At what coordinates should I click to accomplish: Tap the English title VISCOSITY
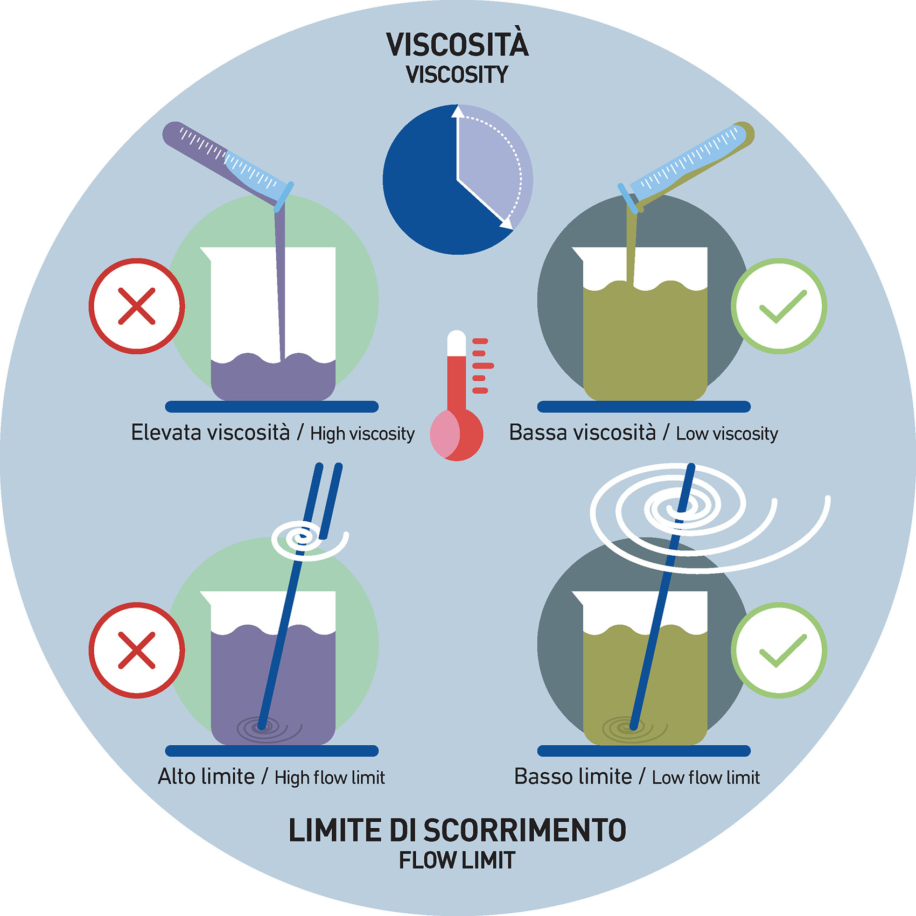pyautogui.click(x=457, y=75)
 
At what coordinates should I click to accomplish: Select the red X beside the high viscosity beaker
pyautogui.click(x=137, y=306)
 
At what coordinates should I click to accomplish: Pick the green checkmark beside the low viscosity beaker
pyautogui.click(x=779, y=306)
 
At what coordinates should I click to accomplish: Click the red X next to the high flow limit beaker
pyautogui.click(x=137, y=650)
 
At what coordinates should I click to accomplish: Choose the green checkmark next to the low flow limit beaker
pyautogui.click(x=779, y=650)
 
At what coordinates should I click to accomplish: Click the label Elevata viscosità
pyautogui.click(x=211, y=432)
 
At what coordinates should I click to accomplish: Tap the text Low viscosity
pyautogui.click(x=727, y=433)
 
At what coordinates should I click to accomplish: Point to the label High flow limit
pyautogui.click(x=330, y=778)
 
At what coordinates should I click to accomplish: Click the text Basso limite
pyautogui.click(x=573, y=777)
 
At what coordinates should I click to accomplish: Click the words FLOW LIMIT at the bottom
pyautogui.click(x=457, y=860)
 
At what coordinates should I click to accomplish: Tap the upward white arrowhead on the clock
pyautogui.click(x=458, y=111)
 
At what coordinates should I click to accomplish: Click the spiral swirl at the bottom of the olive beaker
pyautogui.click(x=630, y=729)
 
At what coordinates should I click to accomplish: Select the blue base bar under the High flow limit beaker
pyautogui.click(x=271, y=751)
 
